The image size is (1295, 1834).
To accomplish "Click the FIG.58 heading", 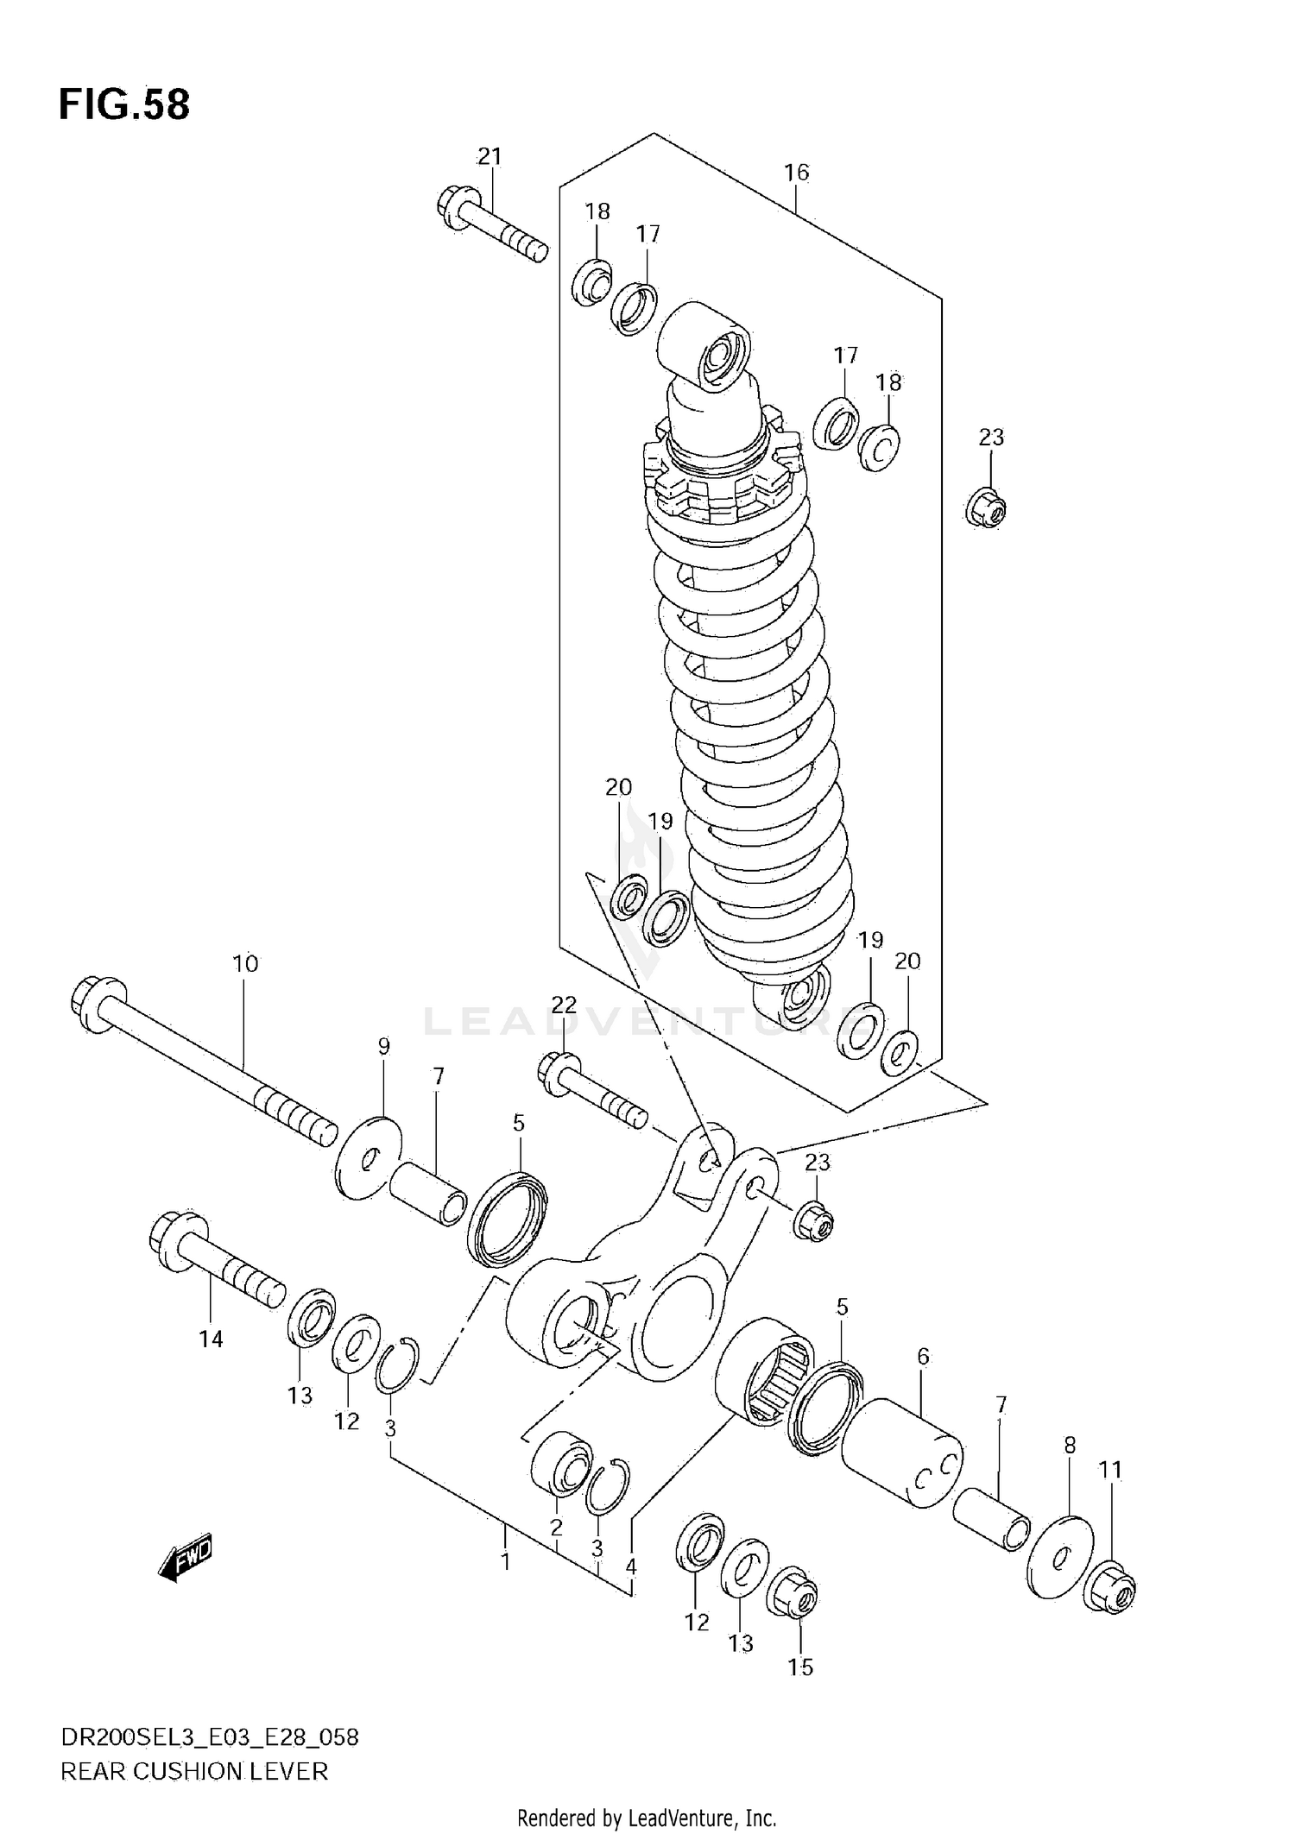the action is pos(124,104).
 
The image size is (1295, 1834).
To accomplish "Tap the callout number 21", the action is pos(490,156).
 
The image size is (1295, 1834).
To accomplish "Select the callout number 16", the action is pos(796,173).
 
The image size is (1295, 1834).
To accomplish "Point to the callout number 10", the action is pos(245,963).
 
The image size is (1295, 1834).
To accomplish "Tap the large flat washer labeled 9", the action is pos(368,1158).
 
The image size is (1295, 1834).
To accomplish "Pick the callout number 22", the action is pos(563,1004).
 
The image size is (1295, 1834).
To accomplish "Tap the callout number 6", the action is pos(923,1357).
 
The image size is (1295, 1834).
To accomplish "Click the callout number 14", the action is pos(211,1339).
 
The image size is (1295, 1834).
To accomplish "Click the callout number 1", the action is pos(505,1560).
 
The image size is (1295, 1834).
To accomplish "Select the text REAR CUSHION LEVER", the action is pos(194,1772).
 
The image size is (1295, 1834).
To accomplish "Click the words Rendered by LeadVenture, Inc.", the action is pos(647,1818).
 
